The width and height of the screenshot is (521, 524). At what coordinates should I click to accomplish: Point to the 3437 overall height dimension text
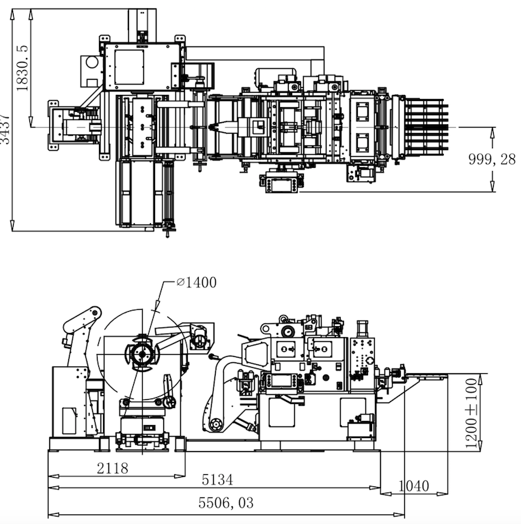coord(5,128)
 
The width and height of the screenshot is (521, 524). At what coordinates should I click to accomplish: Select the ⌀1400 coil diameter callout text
coord(196,282)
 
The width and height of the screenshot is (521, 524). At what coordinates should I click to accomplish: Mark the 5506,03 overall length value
coord(226,503)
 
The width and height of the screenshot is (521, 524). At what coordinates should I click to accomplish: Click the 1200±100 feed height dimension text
coord(471,414)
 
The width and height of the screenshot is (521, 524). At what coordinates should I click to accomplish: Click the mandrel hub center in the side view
coord(141,353)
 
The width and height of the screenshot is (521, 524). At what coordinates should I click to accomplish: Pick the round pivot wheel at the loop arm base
coord(216,424)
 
